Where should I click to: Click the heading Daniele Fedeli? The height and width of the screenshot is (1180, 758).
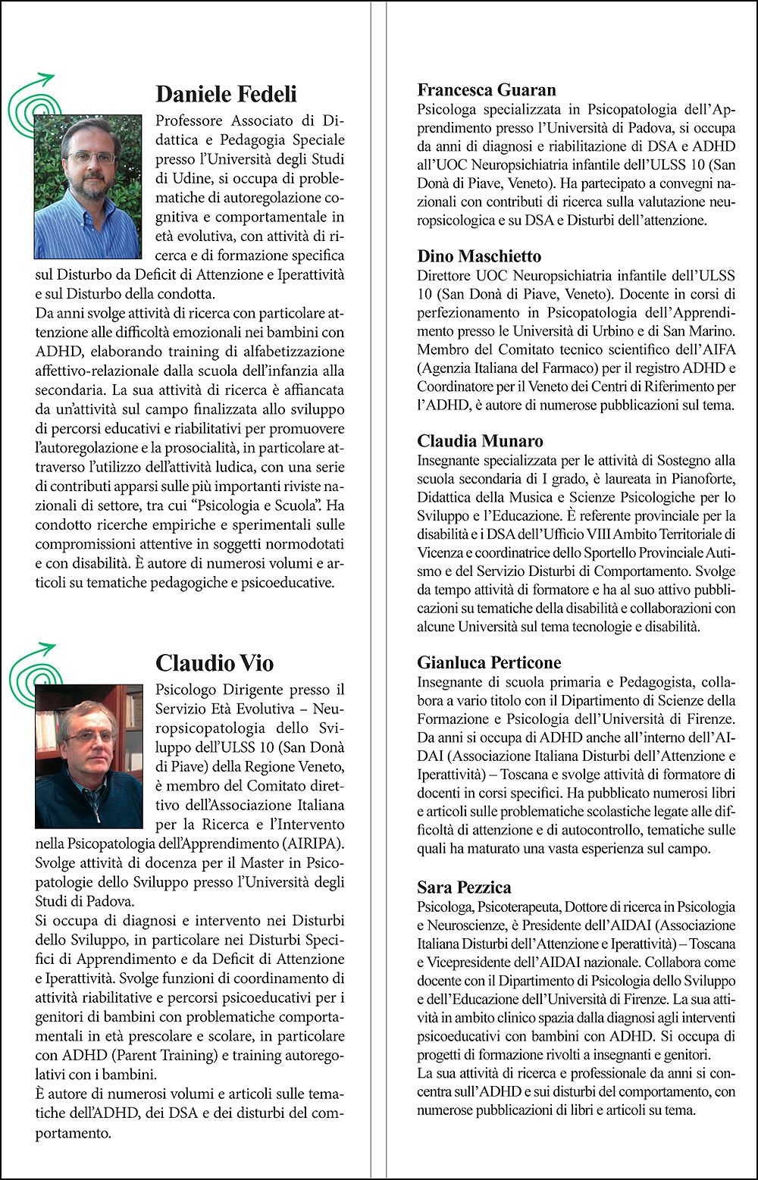click(226, 94)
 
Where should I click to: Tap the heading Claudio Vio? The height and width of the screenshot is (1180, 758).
click(214, 663)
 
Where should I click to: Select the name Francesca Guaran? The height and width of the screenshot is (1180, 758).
click(486, 90)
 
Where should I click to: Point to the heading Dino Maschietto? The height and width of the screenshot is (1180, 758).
click(478, 256)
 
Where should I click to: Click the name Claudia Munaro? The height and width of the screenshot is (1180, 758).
click(480, 441)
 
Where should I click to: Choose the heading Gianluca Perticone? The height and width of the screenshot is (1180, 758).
click(489, 662)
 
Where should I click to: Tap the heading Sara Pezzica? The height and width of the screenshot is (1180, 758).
click(464, 887)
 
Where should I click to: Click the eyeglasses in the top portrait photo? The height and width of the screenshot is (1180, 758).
click(91, 158)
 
